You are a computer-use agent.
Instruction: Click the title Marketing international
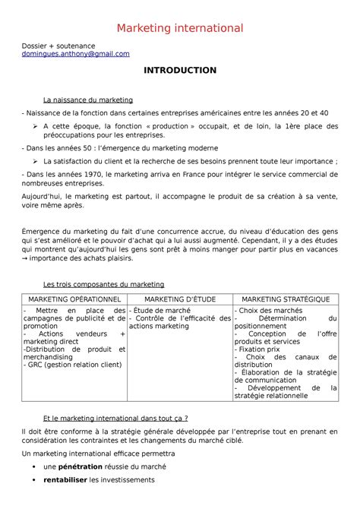[x=179, y=28]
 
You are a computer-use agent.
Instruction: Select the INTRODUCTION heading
[x=180, y=71]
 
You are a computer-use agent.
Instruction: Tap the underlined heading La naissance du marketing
[x=88, y=100]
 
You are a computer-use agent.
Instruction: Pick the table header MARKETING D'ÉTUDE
[x=179, y=299]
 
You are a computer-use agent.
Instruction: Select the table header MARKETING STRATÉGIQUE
[x=286, y=299]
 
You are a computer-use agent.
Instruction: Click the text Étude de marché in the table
[x=161, y=311]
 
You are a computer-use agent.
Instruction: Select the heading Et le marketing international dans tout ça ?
[x=115, y=417]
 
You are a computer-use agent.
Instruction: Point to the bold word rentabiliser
[x=66, y=480]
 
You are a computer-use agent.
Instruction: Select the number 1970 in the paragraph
[x=92, y=175]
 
